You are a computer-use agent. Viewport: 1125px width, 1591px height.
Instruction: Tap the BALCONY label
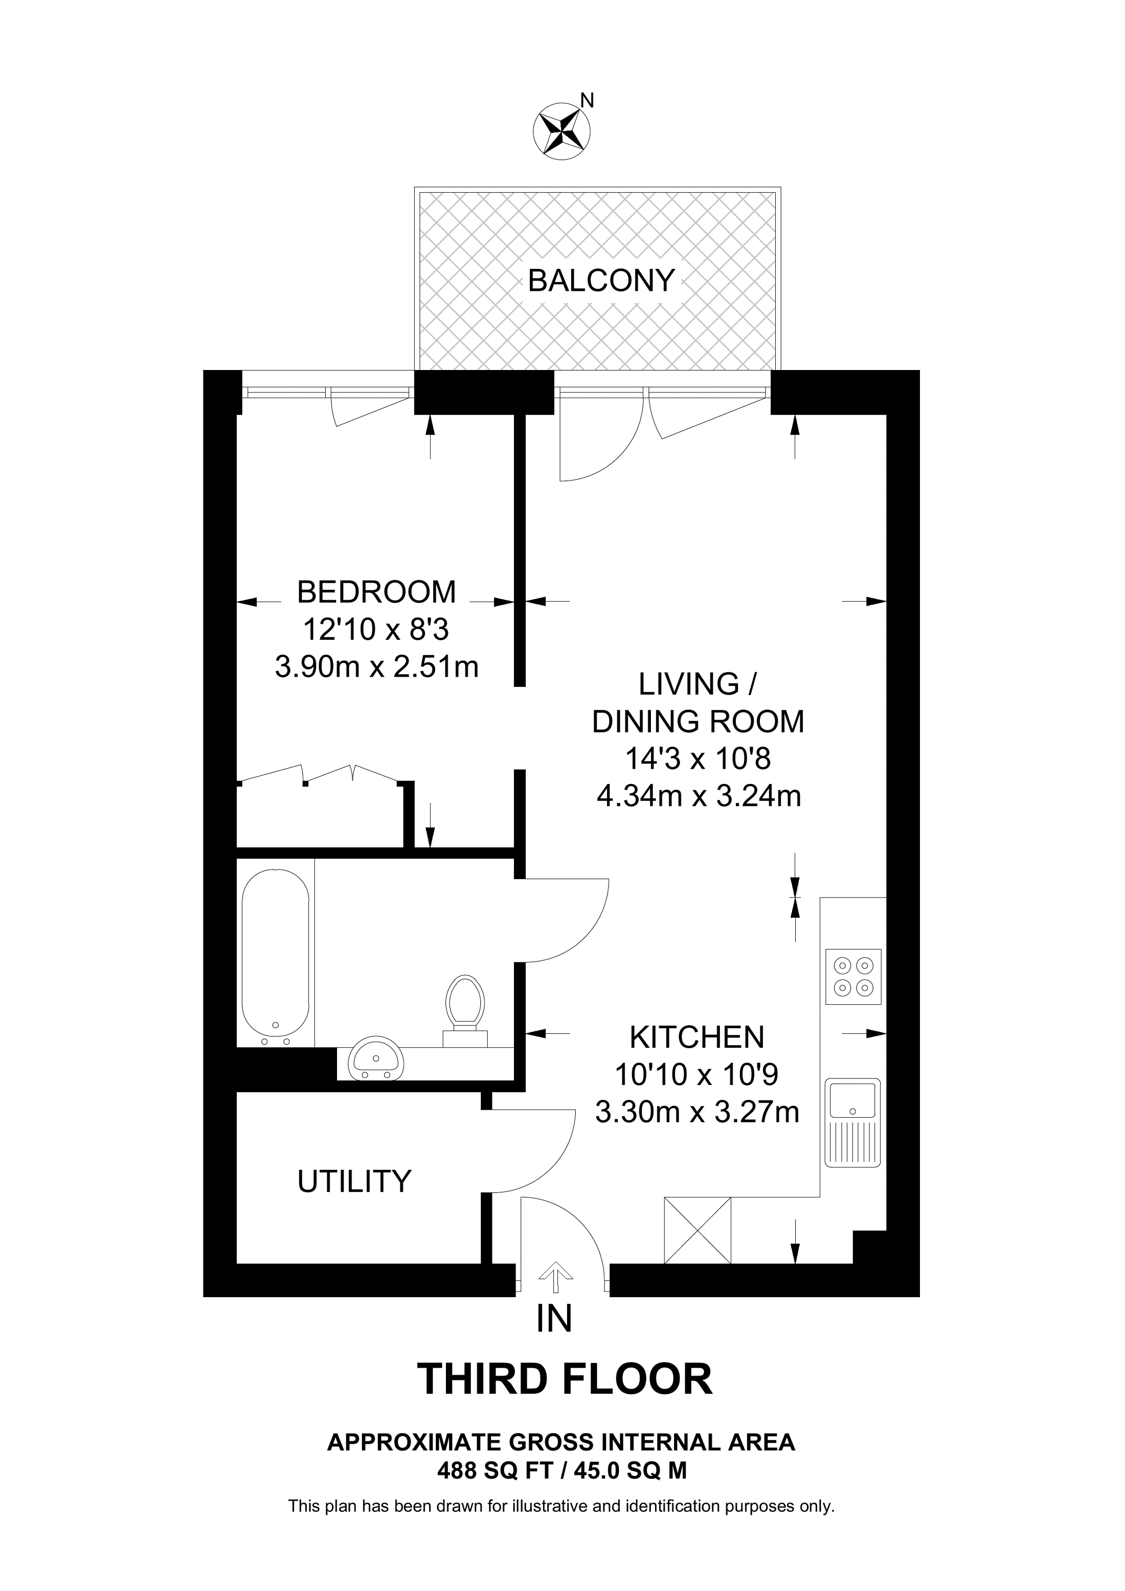pos(600,281)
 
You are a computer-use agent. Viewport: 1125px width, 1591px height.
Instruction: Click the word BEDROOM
pos(376,592)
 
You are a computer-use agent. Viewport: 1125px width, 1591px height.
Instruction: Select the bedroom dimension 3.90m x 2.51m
pos(376,667)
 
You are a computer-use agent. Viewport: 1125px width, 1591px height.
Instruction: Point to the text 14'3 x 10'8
pos(698,759)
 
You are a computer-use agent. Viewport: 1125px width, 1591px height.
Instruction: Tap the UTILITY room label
pos(354,1182)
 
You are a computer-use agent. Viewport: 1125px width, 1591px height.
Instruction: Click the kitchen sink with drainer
pos(852,1122)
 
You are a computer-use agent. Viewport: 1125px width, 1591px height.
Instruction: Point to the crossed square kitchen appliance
pos(697,1230)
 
